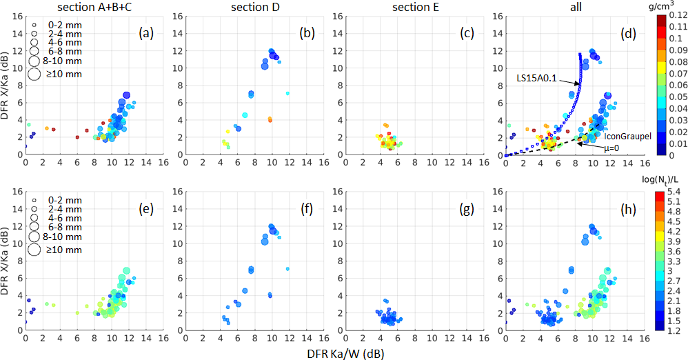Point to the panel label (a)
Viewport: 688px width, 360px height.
[x=145, y=31]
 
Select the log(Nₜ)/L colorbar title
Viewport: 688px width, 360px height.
[x=666, y=182]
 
